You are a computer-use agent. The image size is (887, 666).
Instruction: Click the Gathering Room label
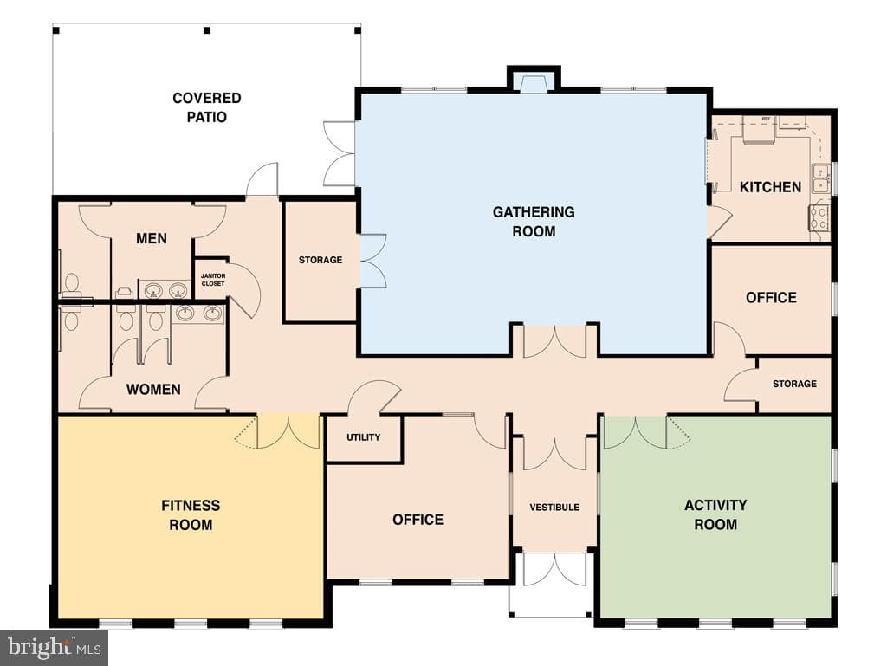(x=534, y=222)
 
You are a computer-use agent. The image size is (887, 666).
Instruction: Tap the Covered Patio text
(x=207, y=107)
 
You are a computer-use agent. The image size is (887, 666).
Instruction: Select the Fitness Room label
(x=191, y=515)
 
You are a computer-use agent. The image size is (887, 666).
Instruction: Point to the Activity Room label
(x=715, y=514)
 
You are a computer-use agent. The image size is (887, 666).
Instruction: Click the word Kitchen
(x=770, y=187)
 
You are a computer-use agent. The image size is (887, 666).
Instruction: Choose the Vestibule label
(x=554, y=508)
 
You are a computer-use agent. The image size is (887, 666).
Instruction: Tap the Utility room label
(x=363, y=437)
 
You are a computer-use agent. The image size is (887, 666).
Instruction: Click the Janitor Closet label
(x=213, y=280)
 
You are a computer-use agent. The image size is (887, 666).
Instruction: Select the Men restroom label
(x=152, y=238)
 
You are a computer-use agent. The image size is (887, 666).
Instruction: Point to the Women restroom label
(x=153, y=390)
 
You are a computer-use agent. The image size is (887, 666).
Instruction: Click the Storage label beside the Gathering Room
(x=320, y=260)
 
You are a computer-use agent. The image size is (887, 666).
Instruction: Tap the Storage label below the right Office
(x=794, y=384)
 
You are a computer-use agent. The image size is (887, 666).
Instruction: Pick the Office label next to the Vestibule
(x=418, y=520)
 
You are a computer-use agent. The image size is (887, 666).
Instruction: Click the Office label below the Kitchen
(x=771, y=298)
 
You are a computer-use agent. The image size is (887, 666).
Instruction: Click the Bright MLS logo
(x=54, y=648)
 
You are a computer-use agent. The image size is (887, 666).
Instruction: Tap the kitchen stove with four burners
(x=819, y=216)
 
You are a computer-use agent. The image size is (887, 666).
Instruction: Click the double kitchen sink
(x=821, y=178)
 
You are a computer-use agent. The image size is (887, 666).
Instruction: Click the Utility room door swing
(x=373, y=398)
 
